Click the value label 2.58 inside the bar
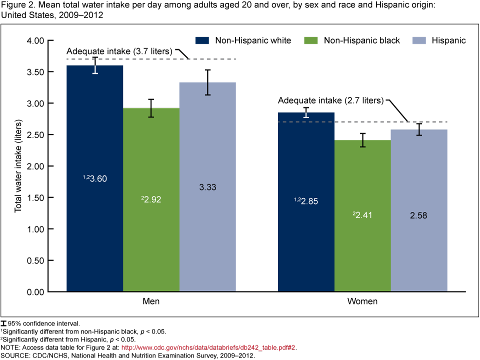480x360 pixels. click(419, 215)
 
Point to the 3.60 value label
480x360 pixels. click(95, 178)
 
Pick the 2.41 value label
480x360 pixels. click(362, 215)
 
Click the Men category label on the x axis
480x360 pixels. click(151, 302)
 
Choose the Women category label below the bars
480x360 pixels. click(362, 302)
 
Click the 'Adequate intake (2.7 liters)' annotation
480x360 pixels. click(331, 100)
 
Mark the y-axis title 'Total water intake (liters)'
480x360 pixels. click(19, 165)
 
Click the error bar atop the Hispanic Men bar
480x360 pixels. click(207, 82)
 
